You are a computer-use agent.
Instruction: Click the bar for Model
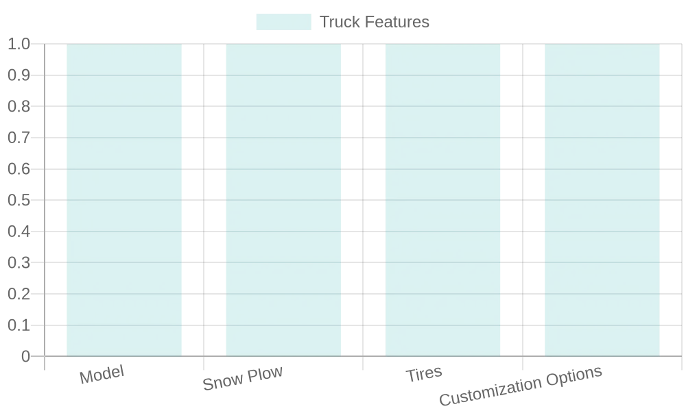[124, 200]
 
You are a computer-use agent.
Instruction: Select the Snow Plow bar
[283, 200]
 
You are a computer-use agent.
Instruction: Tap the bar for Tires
[442, 200]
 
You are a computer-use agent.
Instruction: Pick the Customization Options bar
[602, 200]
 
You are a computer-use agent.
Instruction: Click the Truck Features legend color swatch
[284, 22]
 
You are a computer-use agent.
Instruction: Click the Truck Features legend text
[375, 22]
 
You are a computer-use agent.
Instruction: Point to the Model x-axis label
[102, 374]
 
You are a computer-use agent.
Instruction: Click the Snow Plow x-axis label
[243, 378]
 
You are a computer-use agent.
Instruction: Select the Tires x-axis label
[424, 374]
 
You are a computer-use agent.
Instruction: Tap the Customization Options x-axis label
[521, 385]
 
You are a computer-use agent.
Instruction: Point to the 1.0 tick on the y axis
[19, 44]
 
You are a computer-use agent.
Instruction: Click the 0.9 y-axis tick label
[19, 75]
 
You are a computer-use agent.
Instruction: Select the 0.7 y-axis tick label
[19, 138]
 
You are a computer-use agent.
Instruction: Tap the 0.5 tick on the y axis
[19, 200]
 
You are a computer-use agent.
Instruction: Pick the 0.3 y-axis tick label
[19, 262]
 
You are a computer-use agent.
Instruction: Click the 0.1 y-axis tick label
[19, 325]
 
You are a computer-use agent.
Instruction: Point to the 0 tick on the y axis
[25, 356]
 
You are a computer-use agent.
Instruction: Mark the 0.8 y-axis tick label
[19, 106]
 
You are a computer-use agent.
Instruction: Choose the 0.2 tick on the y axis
[19, 294]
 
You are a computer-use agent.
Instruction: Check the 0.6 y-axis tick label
[19, 169]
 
